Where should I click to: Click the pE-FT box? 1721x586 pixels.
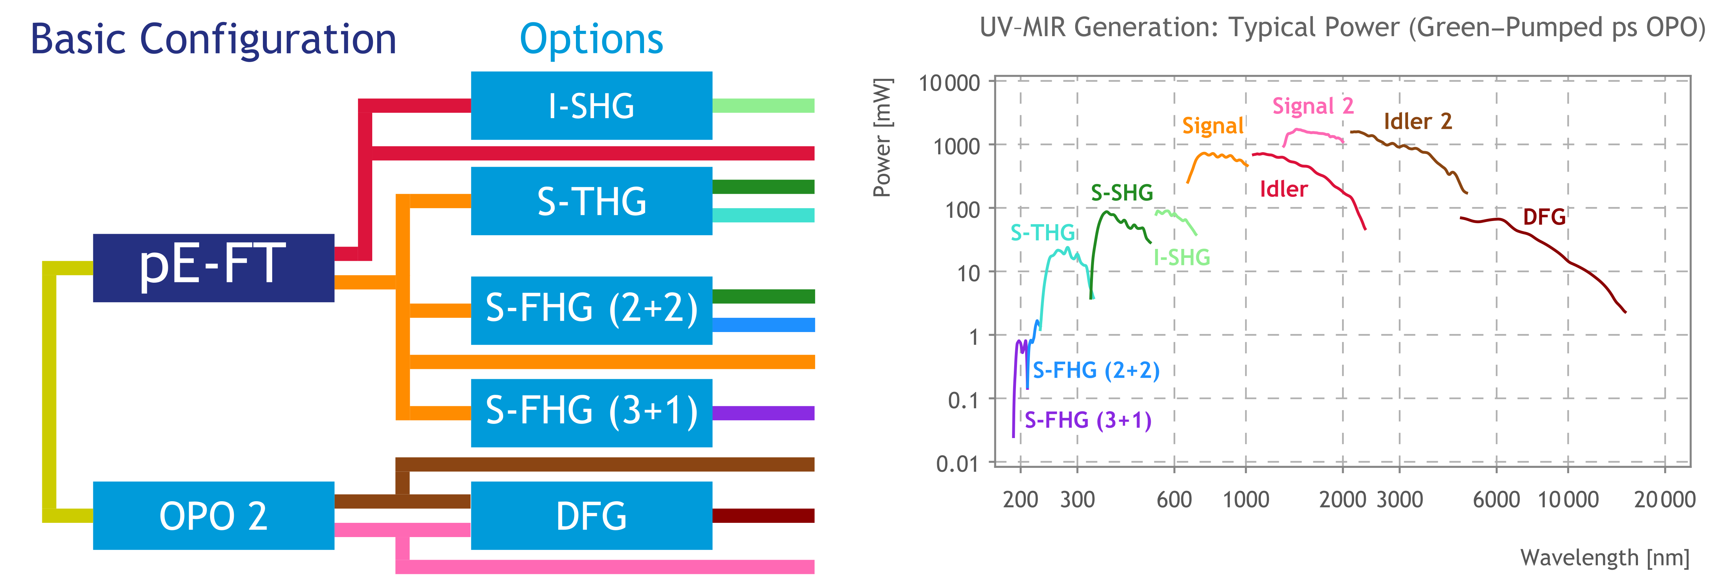point(213,267)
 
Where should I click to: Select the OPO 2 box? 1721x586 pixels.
point(213,515)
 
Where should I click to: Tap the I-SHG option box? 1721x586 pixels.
point(591,106)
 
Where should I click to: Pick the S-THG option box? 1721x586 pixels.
point(591,200)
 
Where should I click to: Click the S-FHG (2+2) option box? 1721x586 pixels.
point(591,310)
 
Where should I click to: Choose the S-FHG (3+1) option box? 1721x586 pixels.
point(591,412)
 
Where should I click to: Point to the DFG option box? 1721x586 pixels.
point(591,515)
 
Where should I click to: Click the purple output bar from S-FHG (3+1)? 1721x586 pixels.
point(763,413)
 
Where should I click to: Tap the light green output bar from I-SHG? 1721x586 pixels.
point(763,106)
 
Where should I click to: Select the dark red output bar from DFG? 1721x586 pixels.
point(763,515)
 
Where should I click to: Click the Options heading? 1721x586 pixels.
point(591,39)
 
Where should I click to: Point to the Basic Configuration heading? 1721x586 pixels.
point(213,39)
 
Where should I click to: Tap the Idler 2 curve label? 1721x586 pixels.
point(1418,122)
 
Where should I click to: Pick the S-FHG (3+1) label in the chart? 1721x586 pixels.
point(1088,420)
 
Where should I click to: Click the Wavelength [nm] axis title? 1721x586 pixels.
point(1605,557)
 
